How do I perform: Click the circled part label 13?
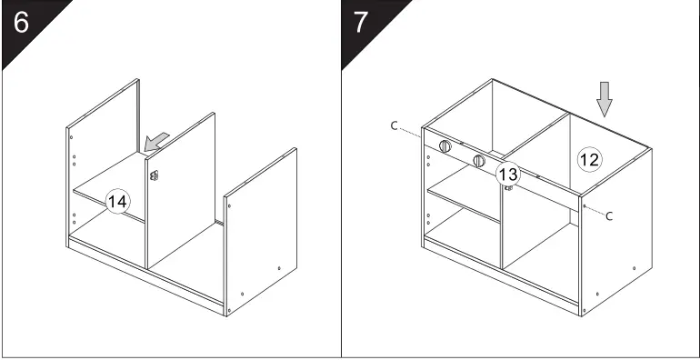pyautogui.click(x=508, y=173)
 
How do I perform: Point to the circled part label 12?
pyautogui.click(x=589, y=159)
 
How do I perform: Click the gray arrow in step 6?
pyautogui.click(x=156, y=140)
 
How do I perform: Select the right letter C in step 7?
pyautogui.click(x=609, y=215)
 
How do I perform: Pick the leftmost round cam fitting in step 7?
pyautogui.click(x=445, y=146)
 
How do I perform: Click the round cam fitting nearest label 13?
pyautogui.click(x=478, y=161)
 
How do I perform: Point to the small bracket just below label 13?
pyautogui.click(x=509, y=188)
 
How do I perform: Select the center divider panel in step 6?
pyautogui.click(x=182, y=200)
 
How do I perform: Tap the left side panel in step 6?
pyautogui.click(x=71, y=182)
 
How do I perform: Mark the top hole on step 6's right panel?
pyautogui.click(x=228, y=206)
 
